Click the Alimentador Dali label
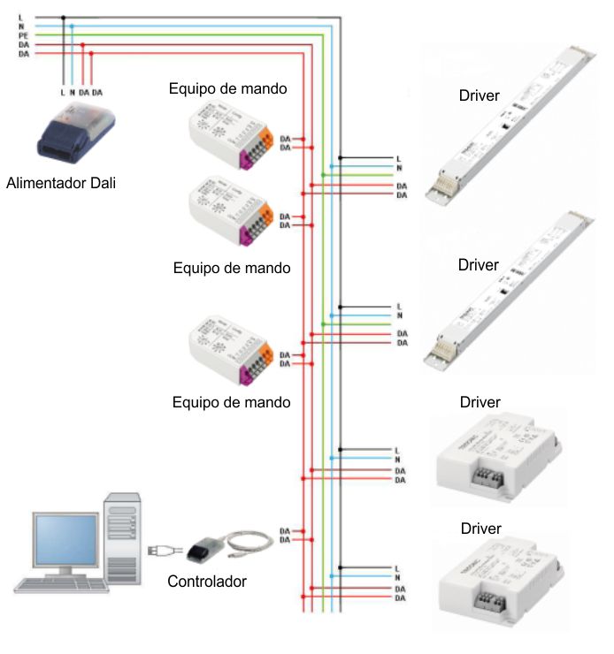pos(61,184)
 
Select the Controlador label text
pos(207,582)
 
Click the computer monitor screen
pos(65,543)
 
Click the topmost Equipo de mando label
pos(229,88)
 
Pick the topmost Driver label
pos(479,95)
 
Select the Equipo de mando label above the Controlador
pos(232,402)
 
